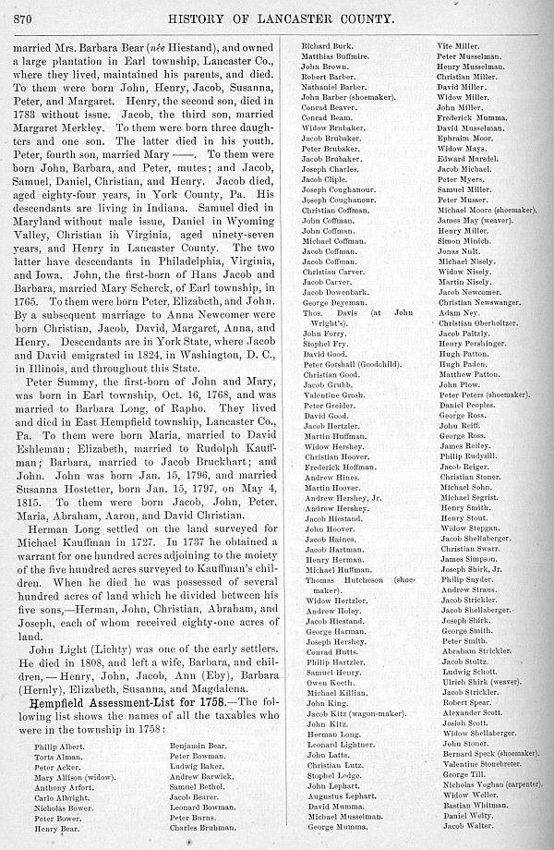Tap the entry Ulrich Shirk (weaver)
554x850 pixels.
coord(476,680)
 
